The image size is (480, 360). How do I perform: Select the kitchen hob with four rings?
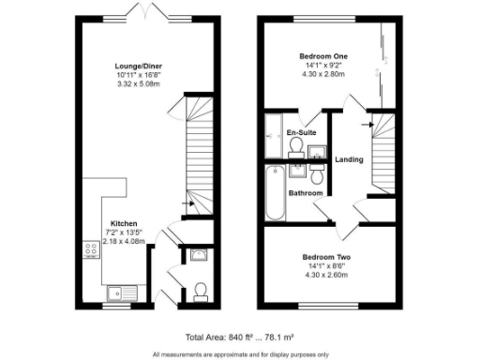tap(92, 251)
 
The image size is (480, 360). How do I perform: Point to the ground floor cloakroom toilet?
tap(200, 293)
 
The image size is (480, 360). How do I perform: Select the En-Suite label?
tap(300, 133)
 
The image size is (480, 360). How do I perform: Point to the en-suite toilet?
tap(297, 148)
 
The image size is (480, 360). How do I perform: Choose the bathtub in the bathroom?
tap(274, 193)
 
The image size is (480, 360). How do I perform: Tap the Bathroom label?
tap(306, 193)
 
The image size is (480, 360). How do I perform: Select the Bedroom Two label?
tap(324, 257)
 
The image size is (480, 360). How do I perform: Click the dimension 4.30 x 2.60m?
tap(324, 276)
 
